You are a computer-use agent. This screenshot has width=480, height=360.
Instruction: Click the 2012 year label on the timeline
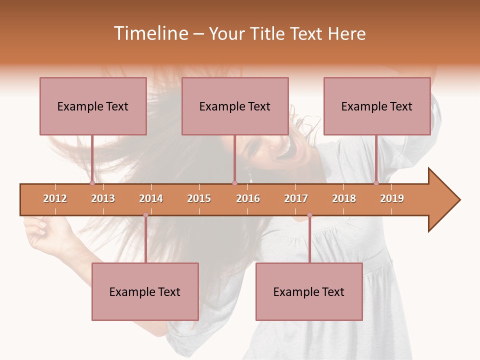[55, 198]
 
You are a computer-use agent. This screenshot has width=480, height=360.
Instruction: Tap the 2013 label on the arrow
[103, 198]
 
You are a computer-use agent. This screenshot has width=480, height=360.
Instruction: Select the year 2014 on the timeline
[151, 198]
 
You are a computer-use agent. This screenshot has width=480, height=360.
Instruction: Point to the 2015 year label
[199, 198]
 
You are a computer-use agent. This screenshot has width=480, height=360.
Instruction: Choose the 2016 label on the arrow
[248, 198]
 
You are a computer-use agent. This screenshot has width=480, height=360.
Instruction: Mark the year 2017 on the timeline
[296, 198]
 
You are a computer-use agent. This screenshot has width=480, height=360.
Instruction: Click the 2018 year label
[344, 198]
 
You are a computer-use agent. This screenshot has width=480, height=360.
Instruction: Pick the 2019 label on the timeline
[392, 198]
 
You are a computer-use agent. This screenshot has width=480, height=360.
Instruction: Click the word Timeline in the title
[150, 33]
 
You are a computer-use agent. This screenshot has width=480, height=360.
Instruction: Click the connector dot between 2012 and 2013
[92, 183]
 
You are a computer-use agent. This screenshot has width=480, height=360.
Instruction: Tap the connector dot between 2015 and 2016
[234, 183]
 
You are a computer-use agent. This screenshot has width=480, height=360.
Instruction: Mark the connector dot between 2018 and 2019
[376, 183]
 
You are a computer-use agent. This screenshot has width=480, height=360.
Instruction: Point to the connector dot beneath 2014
[145, 215]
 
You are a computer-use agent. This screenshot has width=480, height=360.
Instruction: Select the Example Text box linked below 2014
[145, 291]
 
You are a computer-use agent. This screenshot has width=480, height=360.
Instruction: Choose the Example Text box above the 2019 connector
[377, 106]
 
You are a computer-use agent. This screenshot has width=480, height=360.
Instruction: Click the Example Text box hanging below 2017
[309, 291]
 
